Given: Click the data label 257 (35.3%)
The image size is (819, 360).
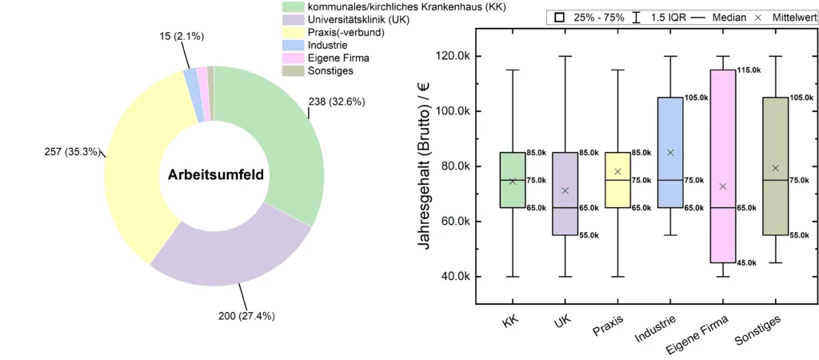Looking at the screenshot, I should (73, 151).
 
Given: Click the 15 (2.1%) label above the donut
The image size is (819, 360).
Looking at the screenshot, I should (169, 37).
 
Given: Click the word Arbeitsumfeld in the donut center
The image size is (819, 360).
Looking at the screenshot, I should (216, 174).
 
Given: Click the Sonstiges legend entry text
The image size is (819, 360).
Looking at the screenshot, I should (330, 70).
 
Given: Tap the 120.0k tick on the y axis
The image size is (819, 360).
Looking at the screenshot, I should (450, 56).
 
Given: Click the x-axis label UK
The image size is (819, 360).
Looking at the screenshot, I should (561, 324).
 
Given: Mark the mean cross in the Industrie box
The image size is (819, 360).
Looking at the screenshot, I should (670, 152).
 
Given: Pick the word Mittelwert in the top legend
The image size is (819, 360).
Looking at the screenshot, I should (788, 17).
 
